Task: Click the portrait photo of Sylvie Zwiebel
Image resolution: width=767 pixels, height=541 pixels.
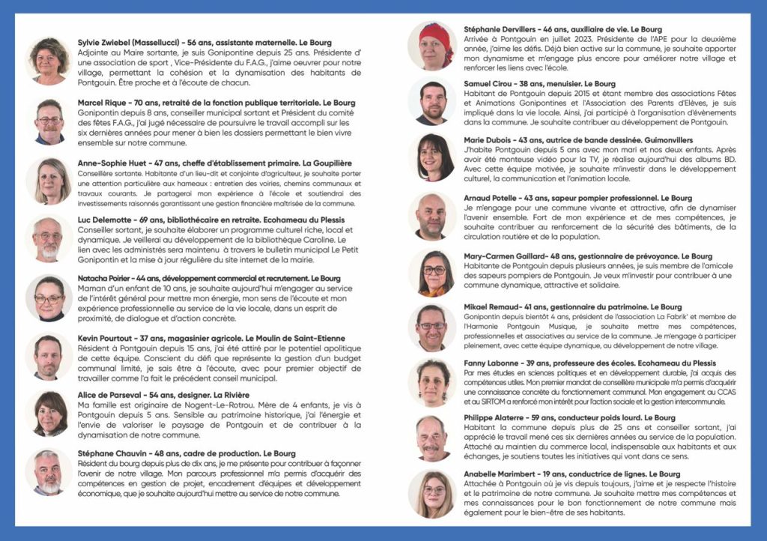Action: point(49,61)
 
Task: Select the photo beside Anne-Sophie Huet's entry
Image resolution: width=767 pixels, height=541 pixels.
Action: point(49,181)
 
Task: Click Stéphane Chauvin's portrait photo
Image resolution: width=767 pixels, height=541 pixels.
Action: point(49,472)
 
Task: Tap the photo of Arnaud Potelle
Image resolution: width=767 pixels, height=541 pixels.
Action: point(432,216)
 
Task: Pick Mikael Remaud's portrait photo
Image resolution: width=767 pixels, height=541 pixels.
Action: point(432,327)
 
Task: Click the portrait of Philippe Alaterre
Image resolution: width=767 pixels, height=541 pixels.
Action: point(432,438)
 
